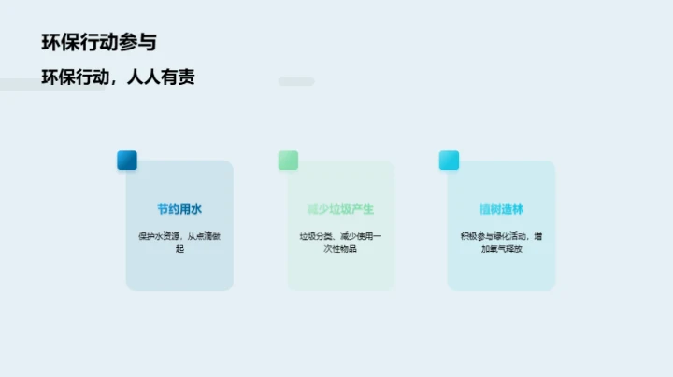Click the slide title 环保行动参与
pyautogui.click(x=99, y=42)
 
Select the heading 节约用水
pyautogui.click(x=179, y=209)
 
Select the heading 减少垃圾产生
pyautogui.click(x=340, y=209)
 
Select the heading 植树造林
pyautogui.click(x=501, y=209)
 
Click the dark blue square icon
pyautogui.click(x=127, y=161)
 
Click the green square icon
pyautogui.click(x=288, y=161)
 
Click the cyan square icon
pyautogui.click(x=450, y=161)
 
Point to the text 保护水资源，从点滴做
pyautogui.click(x=179, y=236)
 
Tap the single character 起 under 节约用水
pyautogui.click(x=179, y=249)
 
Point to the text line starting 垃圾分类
pyautogui.click(x=340, y=236)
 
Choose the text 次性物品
pyautogui.click(x=340, y=249)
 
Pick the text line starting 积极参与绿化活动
pyautogui.click(x=501, y=236)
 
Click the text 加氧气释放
pyautogui.click(x=501, y=249)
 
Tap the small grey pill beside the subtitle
pyautogui.click(x=296, y=81)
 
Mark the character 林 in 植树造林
pyautogui.click(x=518, y=209)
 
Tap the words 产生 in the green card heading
pyautogui.click(x=363, y=209)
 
